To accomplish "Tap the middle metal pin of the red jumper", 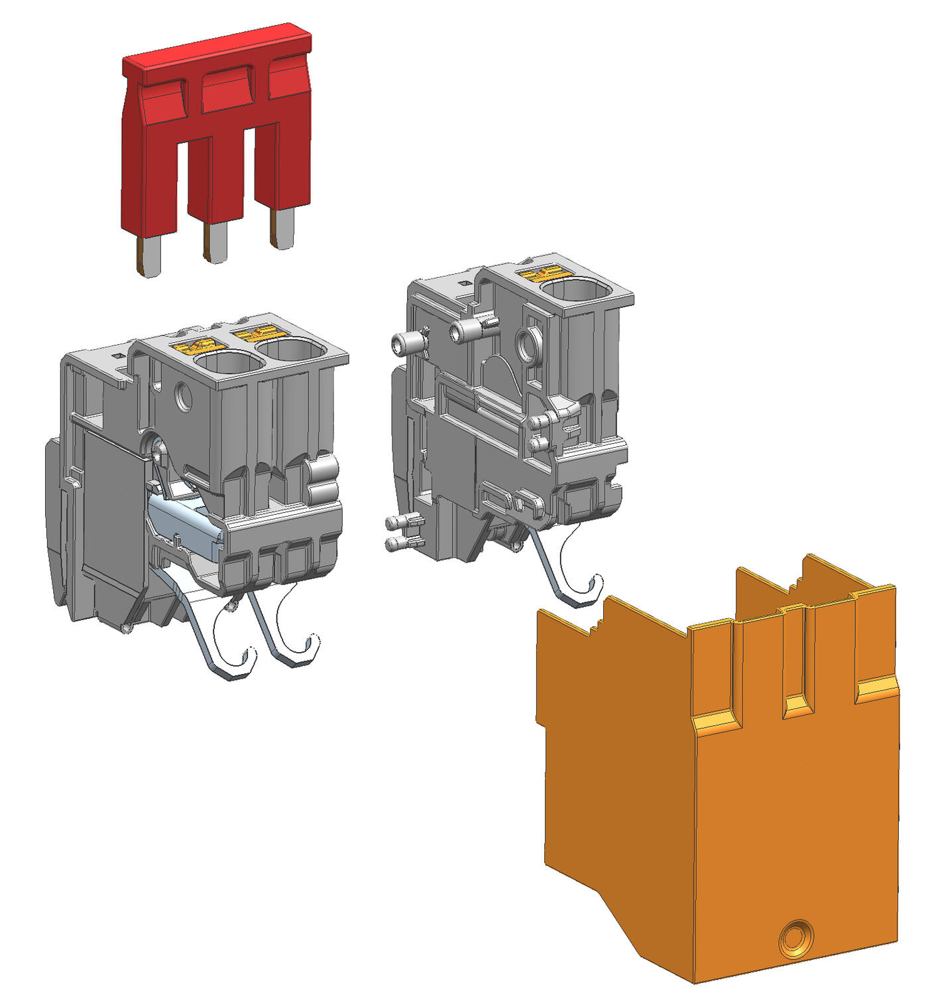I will coord(215,242).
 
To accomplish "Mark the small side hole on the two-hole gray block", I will coord(182,397).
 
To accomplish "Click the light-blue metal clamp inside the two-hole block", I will coord(182,521).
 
